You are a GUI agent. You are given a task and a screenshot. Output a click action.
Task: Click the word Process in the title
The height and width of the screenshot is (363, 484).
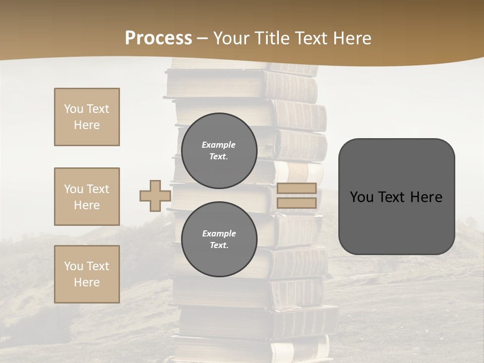point(158,38)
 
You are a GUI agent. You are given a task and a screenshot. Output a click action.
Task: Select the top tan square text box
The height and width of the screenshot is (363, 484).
point(87,117)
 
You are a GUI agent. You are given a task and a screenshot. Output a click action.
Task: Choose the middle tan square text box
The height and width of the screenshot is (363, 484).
point(87,197)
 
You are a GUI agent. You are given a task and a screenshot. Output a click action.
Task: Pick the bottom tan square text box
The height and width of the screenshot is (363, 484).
point(87,274)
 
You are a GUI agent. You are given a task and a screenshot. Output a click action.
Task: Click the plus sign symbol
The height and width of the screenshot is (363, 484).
point(155,196)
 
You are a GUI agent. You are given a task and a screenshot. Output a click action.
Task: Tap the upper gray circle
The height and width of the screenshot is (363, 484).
point(219,151)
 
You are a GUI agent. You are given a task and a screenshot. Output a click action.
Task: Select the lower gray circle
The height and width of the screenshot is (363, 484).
point(219,239)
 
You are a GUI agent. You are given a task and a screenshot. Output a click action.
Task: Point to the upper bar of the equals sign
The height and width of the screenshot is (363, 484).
point(296,189)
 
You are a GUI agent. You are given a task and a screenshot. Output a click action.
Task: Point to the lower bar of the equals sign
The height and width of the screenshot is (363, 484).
point(296,203)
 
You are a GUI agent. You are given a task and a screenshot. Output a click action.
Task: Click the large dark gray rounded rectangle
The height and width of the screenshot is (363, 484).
point(396,222)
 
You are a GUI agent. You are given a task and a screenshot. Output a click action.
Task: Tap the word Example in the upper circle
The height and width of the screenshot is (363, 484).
point(218,145)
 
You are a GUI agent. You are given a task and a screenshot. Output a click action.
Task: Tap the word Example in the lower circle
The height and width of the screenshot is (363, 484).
point(219,234)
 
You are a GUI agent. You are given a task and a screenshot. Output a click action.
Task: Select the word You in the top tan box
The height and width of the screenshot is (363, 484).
point(73,109)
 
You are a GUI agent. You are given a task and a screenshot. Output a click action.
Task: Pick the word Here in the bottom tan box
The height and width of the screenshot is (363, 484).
point(87,282)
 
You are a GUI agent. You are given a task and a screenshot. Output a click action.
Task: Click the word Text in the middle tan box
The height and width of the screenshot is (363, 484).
point(97,189)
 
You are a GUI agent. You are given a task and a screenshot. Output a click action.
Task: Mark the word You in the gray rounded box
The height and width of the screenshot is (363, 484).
point(361,197)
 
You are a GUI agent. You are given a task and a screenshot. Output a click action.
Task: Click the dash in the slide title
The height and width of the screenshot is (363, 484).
point(203,38)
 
